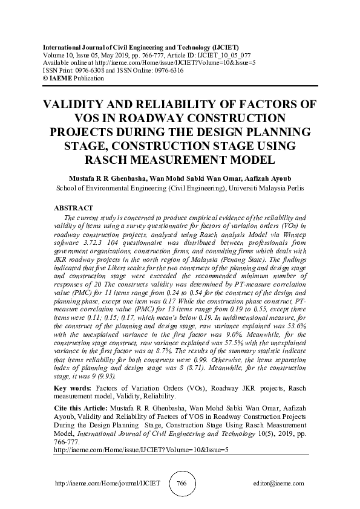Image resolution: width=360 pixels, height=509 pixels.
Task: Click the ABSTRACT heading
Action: click(74, 208)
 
